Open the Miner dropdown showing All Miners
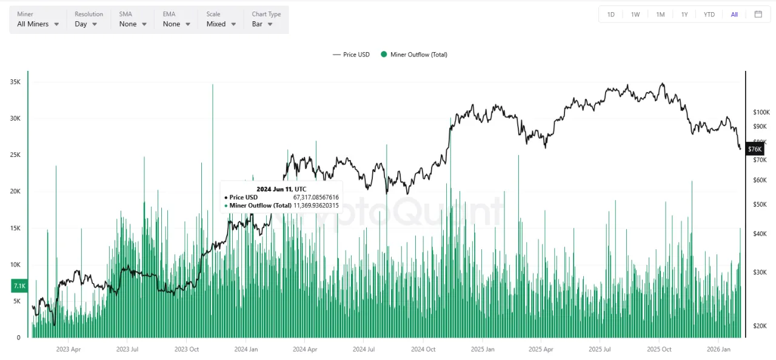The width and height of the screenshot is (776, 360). [x=38, y=24]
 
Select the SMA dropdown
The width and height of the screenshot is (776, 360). [x=133, y=24]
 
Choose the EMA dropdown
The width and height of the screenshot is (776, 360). [x=176, y=24]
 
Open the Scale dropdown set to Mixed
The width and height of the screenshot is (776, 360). [x=221, y=24]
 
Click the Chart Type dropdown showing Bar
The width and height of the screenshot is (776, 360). [x=262, y=24]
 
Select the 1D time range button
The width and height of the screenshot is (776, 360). [x=610, y=15]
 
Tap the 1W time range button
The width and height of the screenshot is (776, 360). [x=635, y=15]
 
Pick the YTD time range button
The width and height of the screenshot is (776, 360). [x=709, y=15]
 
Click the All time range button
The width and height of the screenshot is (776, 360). [x=734, y=15]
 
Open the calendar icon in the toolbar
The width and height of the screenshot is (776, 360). [x=758, y=15]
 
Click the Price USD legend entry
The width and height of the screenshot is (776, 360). [x=351, y=55]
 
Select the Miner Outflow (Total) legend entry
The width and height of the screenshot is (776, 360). [x=414, y=55]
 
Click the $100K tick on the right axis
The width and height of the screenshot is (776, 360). [x=761, y=112]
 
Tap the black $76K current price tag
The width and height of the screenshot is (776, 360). [x=755, y=149]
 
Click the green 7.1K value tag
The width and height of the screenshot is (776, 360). [x=19, y=285]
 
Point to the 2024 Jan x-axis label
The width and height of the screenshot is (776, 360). [x=246, y=349]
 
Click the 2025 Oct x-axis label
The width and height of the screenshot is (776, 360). [x=659, y=349]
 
